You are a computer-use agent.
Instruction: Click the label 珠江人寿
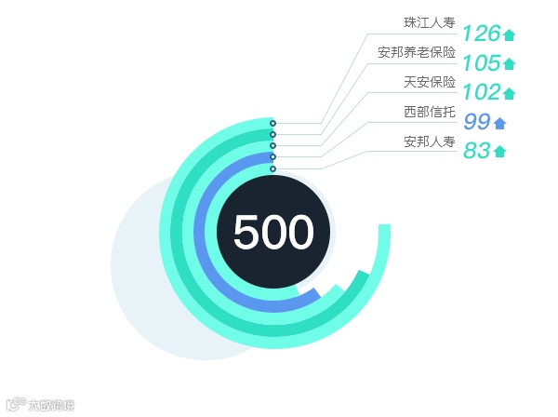pos(429,22)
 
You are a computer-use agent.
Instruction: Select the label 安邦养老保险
pos(417,52)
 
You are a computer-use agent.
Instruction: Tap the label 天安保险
pos(430,82)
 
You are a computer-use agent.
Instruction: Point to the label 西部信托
pos(430,113)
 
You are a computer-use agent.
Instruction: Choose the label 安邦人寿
pos(430,142)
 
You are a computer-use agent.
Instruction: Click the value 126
pos(481,34)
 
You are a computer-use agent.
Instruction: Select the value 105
pos(481,63)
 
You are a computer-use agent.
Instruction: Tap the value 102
pos(481,92)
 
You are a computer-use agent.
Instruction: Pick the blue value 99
pos(476,122)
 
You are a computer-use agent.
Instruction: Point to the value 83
pos(476,151)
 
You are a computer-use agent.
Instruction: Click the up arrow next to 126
pos(509,35)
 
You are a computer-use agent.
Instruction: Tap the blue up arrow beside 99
pos(500,123)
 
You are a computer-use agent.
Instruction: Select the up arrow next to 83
pos(500,152)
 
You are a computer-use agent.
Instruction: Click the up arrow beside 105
pos(509,64)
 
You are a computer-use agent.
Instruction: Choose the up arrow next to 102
pos(509,93)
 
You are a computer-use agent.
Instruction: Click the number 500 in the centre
pos(273,233)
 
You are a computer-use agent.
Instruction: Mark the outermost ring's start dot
pos(272,123)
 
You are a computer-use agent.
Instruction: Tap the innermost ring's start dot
pos(272,168)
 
